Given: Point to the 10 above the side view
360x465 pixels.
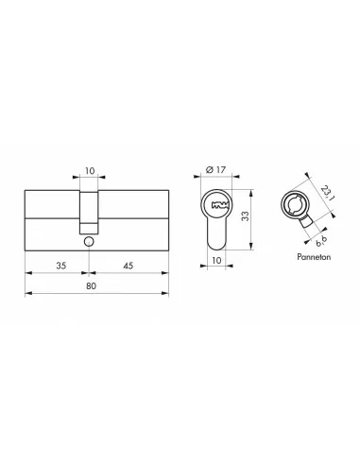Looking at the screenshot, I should [x=88, y=173].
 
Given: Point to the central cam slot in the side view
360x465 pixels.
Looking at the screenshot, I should [x=88, y=212].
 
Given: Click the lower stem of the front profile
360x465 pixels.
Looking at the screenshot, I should [x=217, y=233].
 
